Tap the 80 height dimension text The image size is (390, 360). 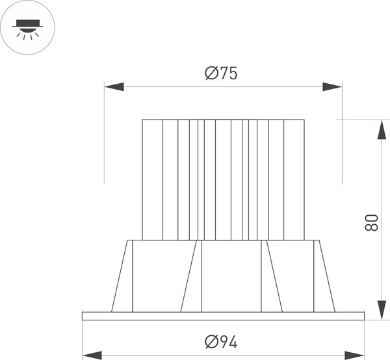coord(372,223)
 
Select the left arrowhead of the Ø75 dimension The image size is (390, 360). coord(114,86)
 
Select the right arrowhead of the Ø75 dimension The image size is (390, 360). coord(332,86)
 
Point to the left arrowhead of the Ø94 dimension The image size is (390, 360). coord(92,355)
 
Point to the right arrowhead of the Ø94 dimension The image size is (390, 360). coord(354,355)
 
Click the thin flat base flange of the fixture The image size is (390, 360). coord(223,316)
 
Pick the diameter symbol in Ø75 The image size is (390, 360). coord(211,74)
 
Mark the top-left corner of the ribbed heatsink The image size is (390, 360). coord(142,120)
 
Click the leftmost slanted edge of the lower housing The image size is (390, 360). coord(119,276)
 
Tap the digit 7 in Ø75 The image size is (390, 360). coord(222,74)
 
